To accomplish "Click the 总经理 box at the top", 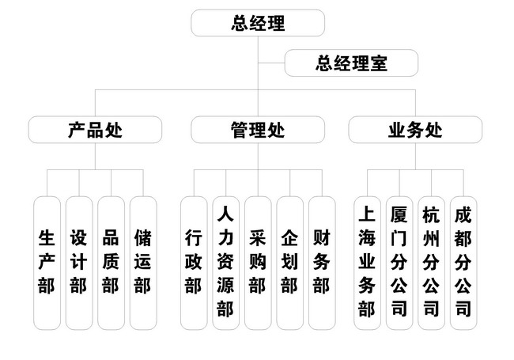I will pyautogui.click(x=258, y=23).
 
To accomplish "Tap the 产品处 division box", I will pyautogui.click(x=95, y=130).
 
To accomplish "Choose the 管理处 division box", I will pyautogui.click(x=258, y=130).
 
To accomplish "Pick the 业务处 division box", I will pyautogui.click(x=415, y=130).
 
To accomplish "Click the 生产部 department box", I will pyautogui.click(x=47, y=262).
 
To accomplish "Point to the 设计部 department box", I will pyautogui.click(x=78, y=262).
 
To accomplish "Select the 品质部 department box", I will pyautogui.click(x=111, y=262).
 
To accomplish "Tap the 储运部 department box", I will pyautogui.click(x=142, y=262).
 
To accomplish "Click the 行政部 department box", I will pyautogui.click(x=193, y=262).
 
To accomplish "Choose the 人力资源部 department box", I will pyautogui.click(x=225, y=262).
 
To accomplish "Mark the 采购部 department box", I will pyautogui.click(x=257, y=262).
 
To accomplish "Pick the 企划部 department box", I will pyautogui.click(x=289, y=262).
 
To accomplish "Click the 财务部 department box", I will pyautogui.click(x=321, y=262).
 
